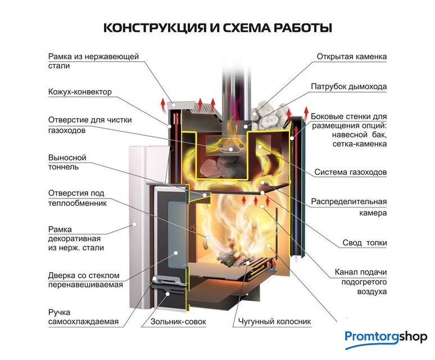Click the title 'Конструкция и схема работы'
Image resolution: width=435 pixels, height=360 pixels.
tap(217, 27)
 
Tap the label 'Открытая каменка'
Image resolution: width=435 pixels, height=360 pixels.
tap(351, 57)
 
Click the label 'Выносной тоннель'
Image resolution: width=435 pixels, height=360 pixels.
tap(67, 163)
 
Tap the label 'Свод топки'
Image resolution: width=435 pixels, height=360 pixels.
tap(365, 243)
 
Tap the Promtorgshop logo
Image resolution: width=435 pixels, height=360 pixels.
tap(386, 337)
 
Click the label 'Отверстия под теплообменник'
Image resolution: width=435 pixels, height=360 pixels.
tap(78, 198)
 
